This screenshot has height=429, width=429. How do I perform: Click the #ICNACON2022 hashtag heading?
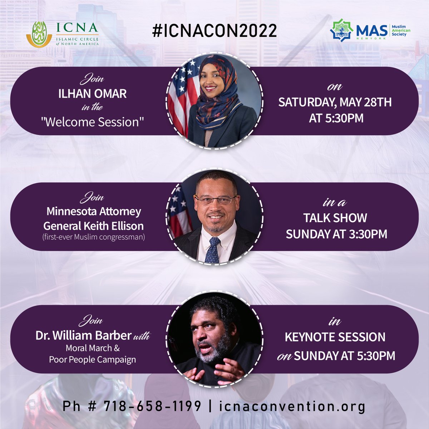(214, 31)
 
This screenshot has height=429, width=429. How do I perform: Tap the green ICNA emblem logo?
(39, 34)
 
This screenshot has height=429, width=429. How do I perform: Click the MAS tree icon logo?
(342, 31)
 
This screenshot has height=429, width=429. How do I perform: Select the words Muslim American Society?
(401, 31)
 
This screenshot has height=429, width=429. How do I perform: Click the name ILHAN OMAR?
(93, 94)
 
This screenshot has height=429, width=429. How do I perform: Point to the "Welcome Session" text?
(93, 122)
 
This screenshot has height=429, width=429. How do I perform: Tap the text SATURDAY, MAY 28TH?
(335, 102)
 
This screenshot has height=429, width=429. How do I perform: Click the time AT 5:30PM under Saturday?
(336, 118)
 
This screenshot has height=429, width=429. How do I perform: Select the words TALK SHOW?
(335, 218)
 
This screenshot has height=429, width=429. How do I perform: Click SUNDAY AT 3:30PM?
(336, 234)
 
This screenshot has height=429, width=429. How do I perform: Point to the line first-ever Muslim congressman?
(93, 237)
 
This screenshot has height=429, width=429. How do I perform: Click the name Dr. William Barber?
(83, 335)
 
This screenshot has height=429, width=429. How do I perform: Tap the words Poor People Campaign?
(92, 359)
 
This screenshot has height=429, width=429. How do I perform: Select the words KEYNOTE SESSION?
(335, 337)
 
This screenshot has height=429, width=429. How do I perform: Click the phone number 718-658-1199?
(152, 406)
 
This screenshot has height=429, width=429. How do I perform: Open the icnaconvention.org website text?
(292, 406)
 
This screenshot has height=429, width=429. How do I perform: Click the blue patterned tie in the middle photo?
(214, 250)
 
